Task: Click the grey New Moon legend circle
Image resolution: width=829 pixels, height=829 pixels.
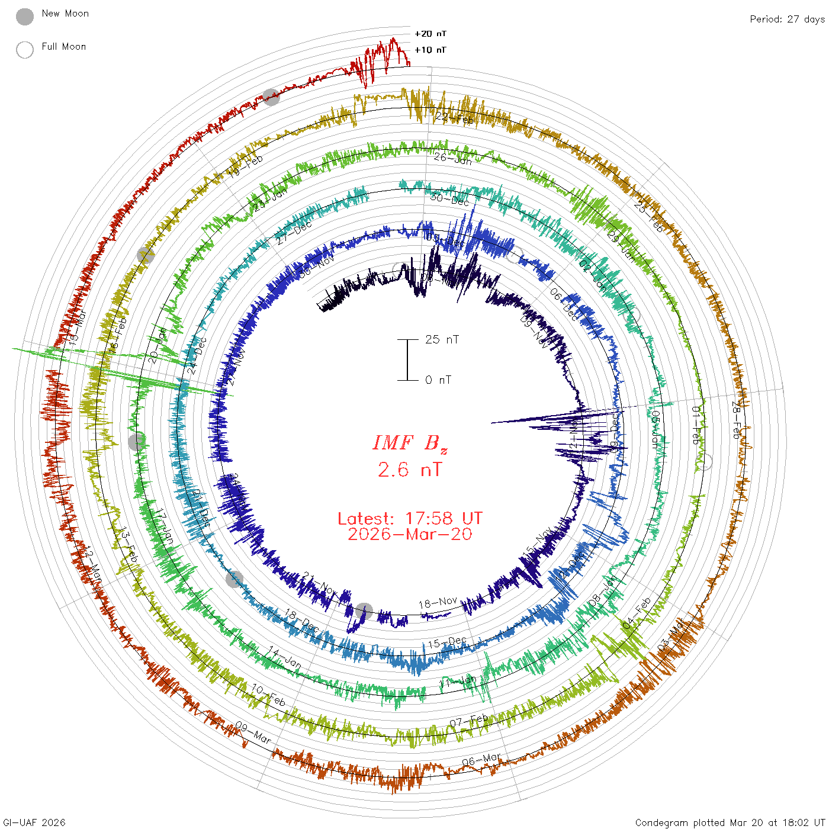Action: click(x=25, y=17)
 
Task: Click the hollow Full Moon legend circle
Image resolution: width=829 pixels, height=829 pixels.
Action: click(x=25, y=50)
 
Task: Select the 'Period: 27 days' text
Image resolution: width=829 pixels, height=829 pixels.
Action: click(x=787, y=20)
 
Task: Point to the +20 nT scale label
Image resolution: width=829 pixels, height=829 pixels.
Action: click(x=430, y=34)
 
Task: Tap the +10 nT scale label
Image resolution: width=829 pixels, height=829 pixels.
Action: click(x=430, y=50)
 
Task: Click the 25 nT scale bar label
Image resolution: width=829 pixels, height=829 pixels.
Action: click(x=442, y=339)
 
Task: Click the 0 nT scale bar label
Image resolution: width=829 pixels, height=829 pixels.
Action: click(x=438, y=380)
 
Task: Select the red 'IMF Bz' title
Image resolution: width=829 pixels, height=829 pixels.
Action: click(x=410, y=443)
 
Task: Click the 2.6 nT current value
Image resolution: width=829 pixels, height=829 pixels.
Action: click(x=410, y=470)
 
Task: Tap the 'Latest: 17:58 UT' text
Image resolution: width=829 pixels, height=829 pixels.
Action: click(x=410, y=519)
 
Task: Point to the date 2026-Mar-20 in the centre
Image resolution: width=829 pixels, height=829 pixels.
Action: click(x=410, y=534)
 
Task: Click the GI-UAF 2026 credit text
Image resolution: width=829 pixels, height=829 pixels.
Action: click(x=34, y=822)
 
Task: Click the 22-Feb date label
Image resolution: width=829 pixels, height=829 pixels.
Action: click(x=455, y=118)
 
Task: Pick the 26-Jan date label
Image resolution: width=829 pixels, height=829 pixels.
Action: click(x=453, y=158)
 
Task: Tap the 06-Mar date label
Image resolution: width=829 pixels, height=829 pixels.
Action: click(x=481, y=760)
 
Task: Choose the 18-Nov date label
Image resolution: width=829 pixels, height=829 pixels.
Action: click(x=438, y=603)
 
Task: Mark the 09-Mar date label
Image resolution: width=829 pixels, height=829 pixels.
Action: click(x=253, y=733)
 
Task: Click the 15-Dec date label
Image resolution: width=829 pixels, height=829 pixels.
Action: click(x=448, y=642)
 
